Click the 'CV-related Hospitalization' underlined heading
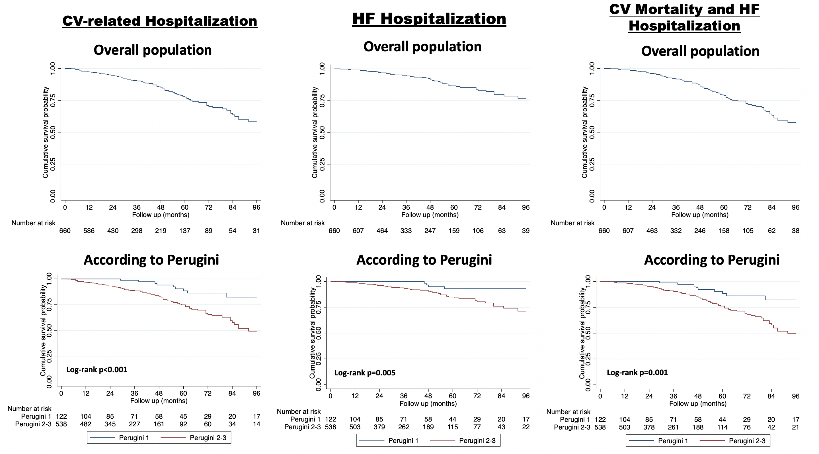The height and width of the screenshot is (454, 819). pos(160,21)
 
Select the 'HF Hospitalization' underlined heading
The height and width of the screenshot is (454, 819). pos(429,19)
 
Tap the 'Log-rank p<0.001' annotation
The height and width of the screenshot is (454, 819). pos(97,370)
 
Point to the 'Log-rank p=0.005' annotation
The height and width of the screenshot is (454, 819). pos(365,373)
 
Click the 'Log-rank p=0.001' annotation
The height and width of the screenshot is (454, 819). pos(637,373)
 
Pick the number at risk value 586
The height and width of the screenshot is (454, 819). pos(89,231)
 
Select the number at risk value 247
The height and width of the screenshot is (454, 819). pos(430,231)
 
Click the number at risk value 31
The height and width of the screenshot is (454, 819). pos(256,231)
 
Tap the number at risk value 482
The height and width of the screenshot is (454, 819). pos(85,424)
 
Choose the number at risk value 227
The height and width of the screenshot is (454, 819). pos(134,424)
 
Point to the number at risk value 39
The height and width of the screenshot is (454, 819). pos(526,231)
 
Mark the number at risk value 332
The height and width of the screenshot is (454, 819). pos(676,231)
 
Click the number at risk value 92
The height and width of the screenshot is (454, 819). pos(183,424)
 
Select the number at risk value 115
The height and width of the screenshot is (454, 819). pos(452,427)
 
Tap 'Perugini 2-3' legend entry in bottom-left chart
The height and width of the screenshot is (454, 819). pos(208,438)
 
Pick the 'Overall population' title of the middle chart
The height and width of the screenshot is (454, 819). pos(422,46)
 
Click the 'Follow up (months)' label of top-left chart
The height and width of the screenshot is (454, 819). pos(161,215)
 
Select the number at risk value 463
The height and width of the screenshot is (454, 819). pos(652,231)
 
